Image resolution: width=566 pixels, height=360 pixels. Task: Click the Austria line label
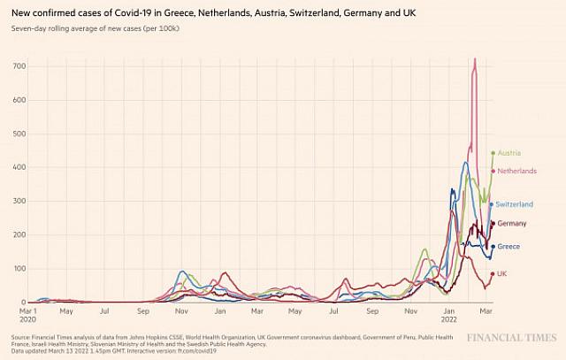509,153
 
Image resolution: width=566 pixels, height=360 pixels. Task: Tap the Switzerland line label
514,204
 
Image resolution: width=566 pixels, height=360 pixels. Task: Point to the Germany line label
512,223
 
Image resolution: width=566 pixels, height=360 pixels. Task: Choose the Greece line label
509,246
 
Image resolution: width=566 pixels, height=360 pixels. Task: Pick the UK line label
502,274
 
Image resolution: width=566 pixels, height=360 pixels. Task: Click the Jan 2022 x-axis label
449,316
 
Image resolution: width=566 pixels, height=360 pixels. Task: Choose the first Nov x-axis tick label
180,310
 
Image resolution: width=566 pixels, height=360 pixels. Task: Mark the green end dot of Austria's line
493,153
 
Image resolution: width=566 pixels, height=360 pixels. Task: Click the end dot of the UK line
493,274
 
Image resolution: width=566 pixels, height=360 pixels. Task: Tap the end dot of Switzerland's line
492,204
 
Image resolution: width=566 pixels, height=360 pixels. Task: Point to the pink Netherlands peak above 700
475,60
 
